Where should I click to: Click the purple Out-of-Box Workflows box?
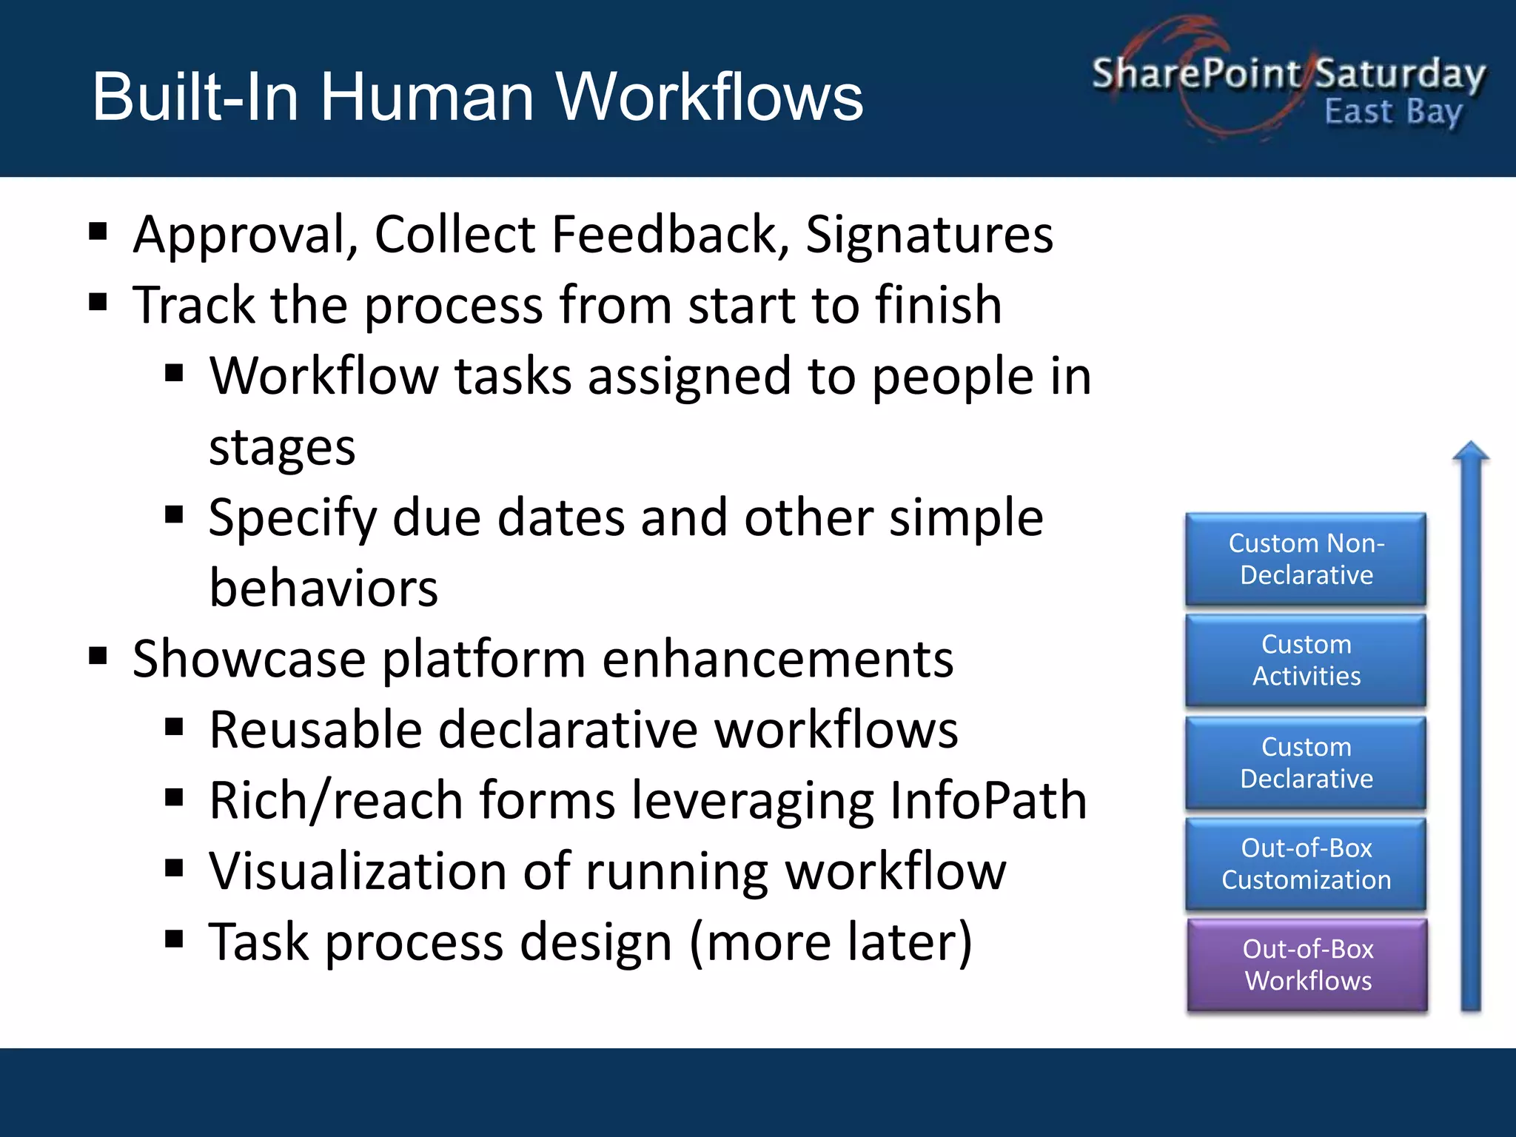(x=1307, y=965)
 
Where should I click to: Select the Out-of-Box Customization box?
(x=1306, y=864)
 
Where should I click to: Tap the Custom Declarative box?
(x=1306, y=762)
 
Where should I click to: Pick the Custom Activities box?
(x=1306, y=660)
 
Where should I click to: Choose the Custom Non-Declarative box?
(x=1306, y=559)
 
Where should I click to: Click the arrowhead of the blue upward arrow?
(x=1471, y=452)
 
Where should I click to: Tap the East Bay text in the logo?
(x=1393, y=113)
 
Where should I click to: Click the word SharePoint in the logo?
(x=1195, y=73)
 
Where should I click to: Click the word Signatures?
(x=929, y=235)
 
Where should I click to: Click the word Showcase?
(x=249, y=659)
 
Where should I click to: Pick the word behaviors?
(x=323, y=588)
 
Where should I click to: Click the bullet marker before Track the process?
(x=98, y=302)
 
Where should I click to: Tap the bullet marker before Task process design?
(x=174, y=939)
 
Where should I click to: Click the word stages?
(x=282, y=448)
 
